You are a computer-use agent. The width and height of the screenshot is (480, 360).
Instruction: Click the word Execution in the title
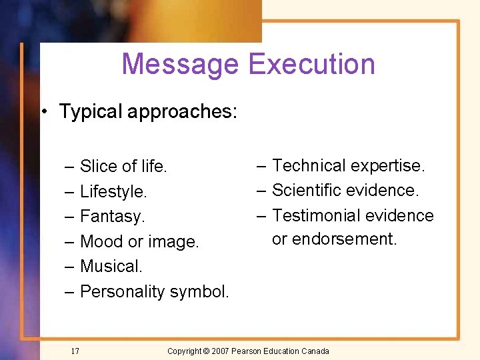point(311,64)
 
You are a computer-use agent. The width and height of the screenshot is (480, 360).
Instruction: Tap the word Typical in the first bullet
point(91,111)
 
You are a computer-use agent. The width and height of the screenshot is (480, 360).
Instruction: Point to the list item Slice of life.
point(123,166)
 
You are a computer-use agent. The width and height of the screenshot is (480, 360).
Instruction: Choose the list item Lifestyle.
point(113,191)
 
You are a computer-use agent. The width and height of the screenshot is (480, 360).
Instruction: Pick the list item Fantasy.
point(112,217)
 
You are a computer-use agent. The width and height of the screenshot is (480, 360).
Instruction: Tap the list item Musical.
point(111,266)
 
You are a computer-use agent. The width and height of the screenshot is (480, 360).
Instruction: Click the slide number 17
point(75,351)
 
